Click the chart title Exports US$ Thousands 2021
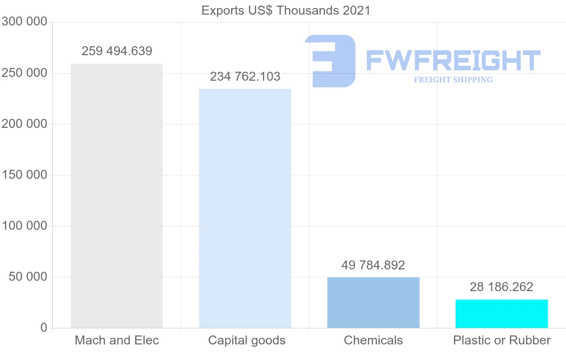coord(286,10)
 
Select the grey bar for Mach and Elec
coord(117,196)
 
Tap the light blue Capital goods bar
coord(245,208)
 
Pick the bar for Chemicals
coord(373,302)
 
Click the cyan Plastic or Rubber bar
coord(501,314)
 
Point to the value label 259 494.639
coord(117,51)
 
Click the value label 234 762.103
coord(245,76)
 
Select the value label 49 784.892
coord(373,265)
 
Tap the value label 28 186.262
coord(501,287)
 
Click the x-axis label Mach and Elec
coord(117,340)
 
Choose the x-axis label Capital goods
coord(247,340)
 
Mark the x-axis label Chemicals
coord(373,340)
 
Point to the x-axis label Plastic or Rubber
coord(502,340)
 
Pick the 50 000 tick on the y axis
coord(28,277)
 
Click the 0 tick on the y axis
coord(44,328)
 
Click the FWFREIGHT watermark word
coord(453,60)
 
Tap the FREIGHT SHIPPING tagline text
coord(453,80)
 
